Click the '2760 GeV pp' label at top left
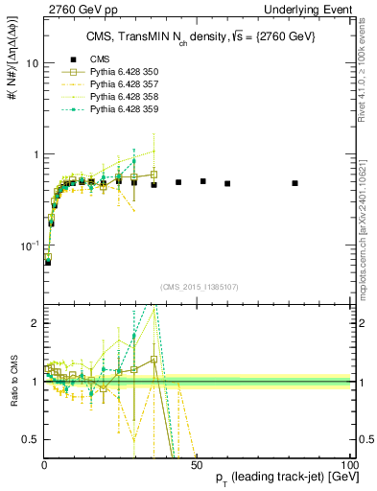(x=78, y=9)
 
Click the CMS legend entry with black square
(x=99, y=58)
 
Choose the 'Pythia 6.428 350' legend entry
(x=124, y=72)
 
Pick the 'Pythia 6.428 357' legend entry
(x=124, y=84)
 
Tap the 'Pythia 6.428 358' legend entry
(x=124, y=97)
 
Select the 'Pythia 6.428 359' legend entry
(x=124, y=109)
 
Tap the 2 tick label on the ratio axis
(x=35, y=323)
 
